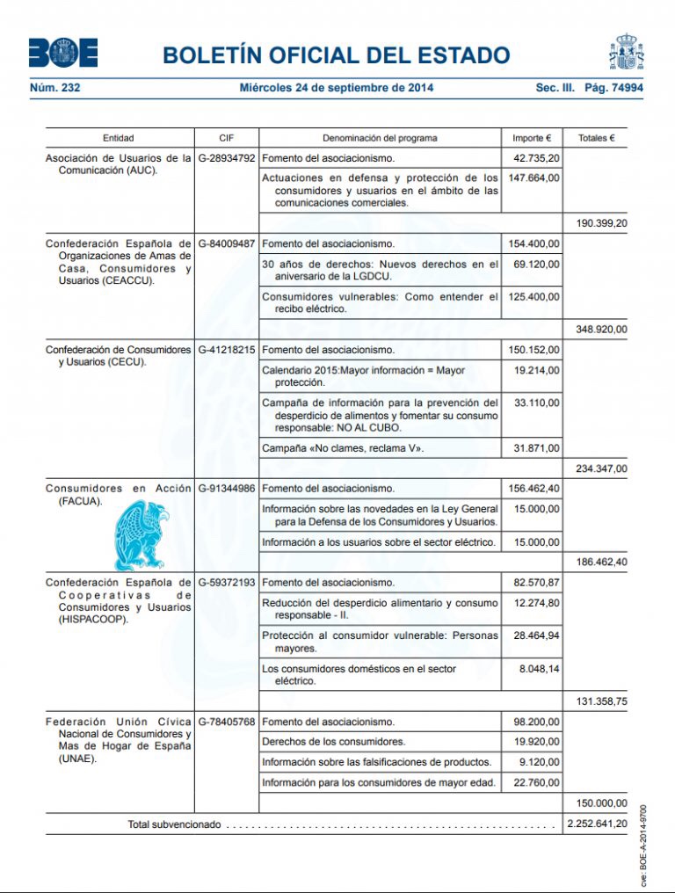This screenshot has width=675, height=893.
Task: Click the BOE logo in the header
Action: point(62,54)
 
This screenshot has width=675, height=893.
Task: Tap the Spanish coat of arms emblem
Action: point(627,53)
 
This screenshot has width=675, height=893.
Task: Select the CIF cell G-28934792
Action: point(227,158)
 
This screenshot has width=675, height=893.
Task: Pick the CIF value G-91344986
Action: point(227,488)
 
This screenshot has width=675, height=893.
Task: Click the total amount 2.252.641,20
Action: point(597,825)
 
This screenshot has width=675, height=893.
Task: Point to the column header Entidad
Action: point(119,138)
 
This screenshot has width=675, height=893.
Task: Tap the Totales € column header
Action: point(597,138)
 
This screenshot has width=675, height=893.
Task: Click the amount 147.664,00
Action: point(534,178)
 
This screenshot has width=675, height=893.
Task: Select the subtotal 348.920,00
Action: point(601,330)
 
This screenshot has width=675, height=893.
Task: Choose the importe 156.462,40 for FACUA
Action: point(534,488)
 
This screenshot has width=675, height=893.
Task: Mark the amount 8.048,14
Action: point(540,669)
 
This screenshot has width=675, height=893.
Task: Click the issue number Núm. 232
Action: point(55,88)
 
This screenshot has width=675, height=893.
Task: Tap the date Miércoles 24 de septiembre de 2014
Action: point(337,88)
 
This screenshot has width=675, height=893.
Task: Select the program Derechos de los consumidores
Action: point(334,741)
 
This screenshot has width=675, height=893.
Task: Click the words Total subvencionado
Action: point(174,825)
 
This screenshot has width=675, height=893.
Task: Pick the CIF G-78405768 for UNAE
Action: point(227,722)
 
